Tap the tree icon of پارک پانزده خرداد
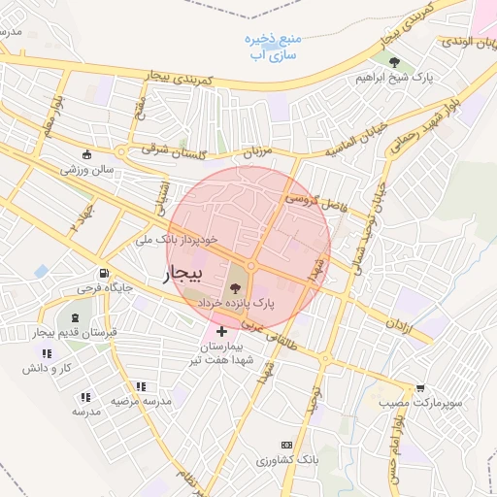coord(234,287)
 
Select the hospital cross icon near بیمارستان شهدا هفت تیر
coord(221,332)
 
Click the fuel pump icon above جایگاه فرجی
coord(103,275)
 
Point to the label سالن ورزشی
coord(88,169)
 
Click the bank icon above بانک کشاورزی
coord(284,444)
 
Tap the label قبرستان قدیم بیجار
coord(76,332)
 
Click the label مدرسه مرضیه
coord(140,400)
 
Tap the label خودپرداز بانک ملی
coord(192,238)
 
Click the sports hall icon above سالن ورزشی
coord(86,154)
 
